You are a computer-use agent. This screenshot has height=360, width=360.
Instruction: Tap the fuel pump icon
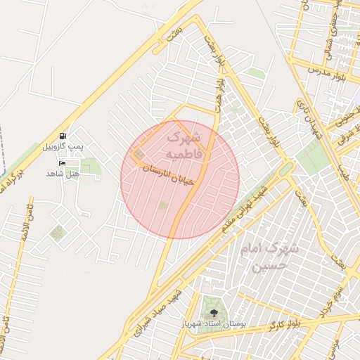(x=63, y=136)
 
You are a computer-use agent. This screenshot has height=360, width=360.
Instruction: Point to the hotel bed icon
(x=63, y=164)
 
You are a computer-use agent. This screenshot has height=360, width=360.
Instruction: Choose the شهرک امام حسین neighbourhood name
(x=274, y=257)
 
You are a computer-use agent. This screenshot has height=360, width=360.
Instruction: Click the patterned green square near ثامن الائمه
(x=57, y=232)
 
